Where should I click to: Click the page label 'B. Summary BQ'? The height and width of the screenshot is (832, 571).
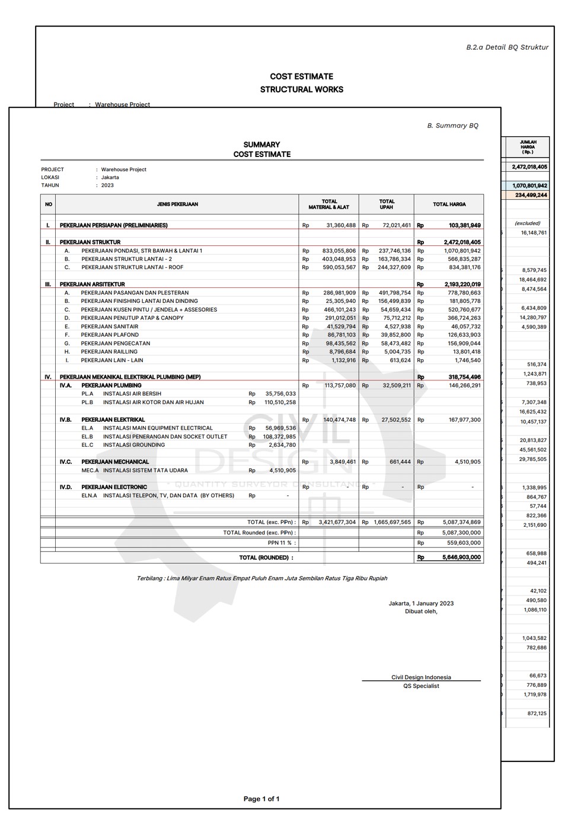[x=452, y=126]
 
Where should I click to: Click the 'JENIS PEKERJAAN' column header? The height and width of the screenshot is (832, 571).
[x=177, y=204]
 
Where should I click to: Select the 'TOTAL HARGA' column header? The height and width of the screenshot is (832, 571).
[x=449, y=204]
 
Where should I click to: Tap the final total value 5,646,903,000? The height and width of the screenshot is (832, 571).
[x=461, y=558]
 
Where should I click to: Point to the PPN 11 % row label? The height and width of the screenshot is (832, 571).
[x=281, y=543]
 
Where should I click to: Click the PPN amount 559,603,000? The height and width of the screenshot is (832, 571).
[x=461, y=543]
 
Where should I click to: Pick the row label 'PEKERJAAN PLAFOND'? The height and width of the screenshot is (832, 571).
[x=110, y=335]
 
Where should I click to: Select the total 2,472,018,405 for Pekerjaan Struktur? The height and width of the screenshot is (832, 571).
[x=462, y=242]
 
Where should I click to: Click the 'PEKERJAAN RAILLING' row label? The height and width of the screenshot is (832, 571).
[x=109, y=352]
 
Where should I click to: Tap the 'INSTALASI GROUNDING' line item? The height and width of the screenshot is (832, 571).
[x=134, y=445]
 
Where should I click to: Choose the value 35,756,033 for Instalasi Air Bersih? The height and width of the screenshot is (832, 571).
[x=280, y=394]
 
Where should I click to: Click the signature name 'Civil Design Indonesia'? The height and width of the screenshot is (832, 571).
[x=421, y=677]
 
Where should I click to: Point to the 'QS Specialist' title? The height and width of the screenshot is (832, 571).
[x=421, y=686]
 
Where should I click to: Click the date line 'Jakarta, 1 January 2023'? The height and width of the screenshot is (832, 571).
[x=421, y=604]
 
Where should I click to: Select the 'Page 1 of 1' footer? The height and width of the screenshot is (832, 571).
[x=261, y=799]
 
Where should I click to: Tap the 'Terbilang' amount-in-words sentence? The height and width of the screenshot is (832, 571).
[x=261, y=578]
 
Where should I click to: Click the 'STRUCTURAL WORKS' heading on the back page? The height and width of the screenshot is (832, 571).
[x=301, y=89]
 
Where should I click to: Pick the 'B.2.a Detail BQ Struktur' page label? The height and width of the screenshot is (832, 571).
[x=507, y=47]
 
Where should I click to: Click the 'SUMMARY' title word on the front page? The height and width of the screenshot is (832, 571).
[x=261, y=145]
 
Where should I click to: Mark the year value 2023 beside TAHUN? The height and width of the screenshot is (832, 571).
[x=107, y=185]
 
